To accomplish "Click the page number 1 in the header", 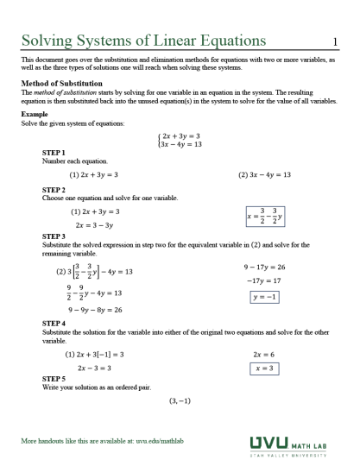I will [334, 40].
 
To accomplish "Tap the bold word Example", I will [35, 114].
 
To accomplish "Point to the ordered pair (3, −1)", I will [180, 400].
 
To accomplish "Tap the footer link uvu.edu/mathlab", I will [160, 442].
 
